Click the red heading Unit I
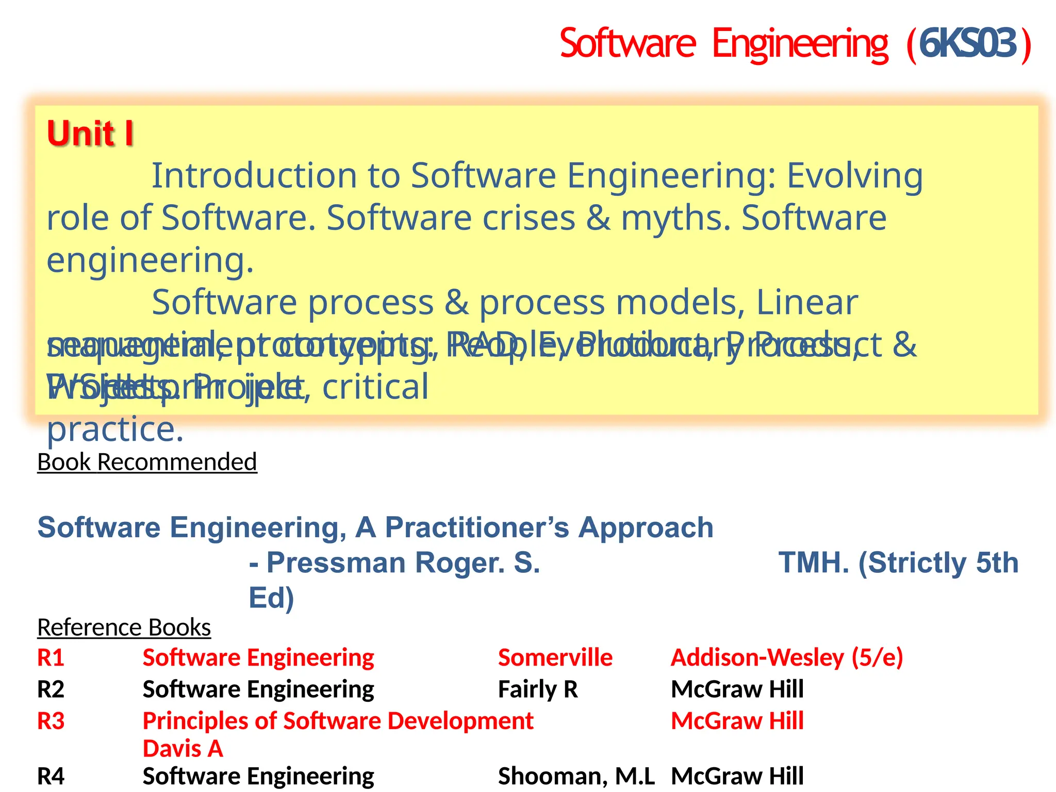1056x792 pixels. pos(90,134)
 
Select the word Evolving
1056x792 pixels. pos(854,176)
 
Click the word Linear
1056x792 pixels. pos(807,303)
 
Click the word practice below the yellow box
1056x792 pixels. pos(115,430)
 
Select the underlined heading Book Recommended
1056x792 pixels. pos(147,462)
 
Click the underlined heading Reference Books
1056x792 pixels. pos(124,628)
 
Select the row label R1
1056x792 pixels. pos(51,658)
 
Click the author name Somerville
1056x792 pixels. pos(555,658)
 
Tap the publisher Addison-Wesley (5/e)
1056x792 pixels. pos(787,658)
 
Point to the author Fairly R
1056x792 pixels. pos(538,689)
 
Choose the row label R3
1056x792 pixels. pos(51,721)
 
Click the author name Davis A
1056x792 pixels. pos(183,749)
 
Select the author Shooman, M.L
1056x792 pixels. pos(576,776)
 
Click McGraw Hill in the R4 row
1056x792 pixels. pos(737,776)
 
